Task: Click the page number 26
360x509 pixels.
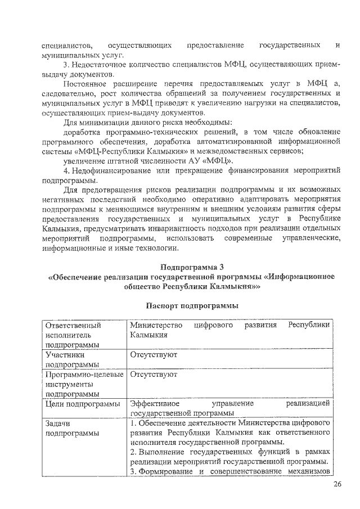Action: coord(337,485)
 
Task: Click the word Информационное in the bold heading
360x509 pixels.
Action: coord(303,276)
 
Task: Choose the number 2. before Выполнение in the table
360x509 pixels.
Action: coord(133,452)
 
